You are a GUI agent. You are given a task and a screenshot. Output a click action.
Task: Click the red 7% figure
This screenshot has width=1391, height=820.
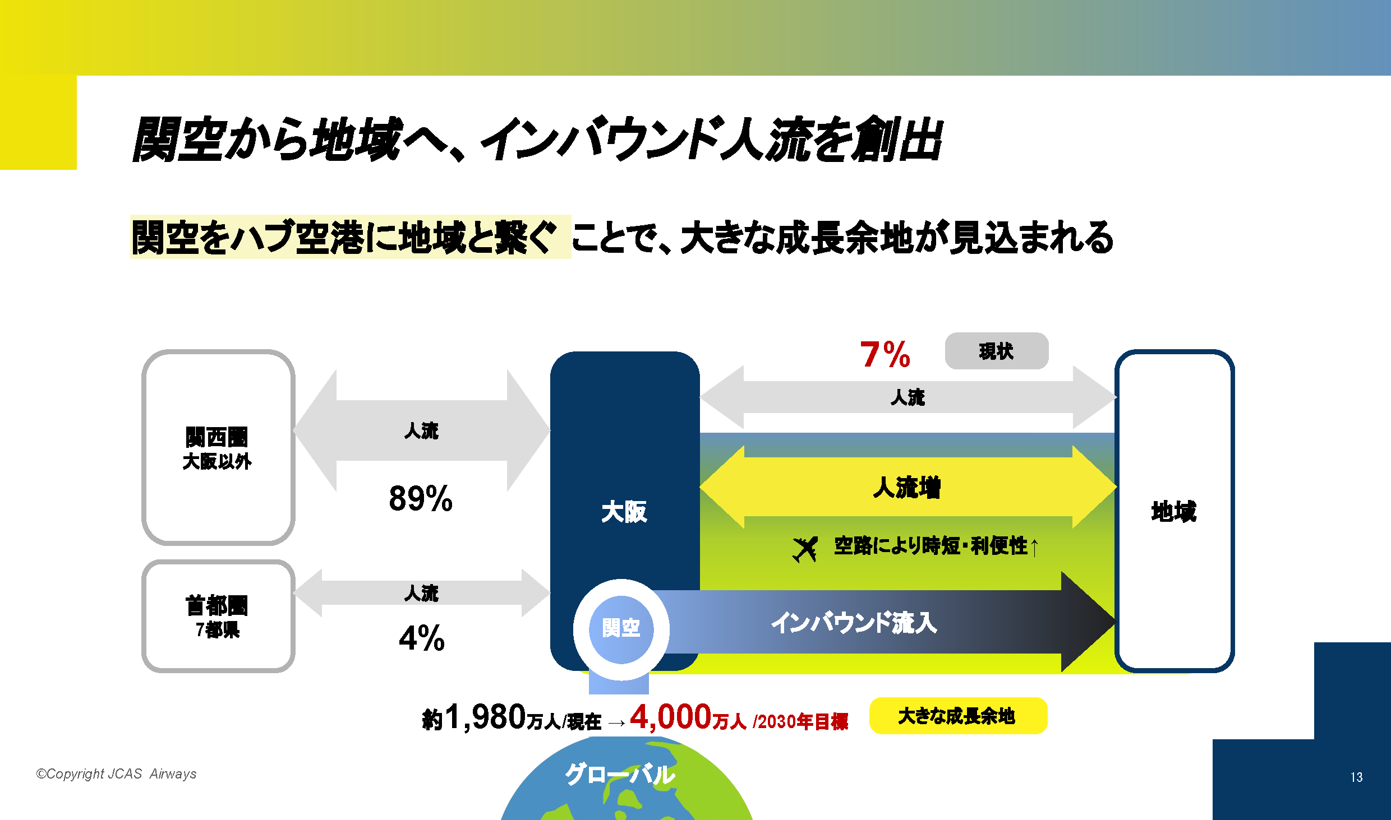pyautogui.click(x=885, y=354)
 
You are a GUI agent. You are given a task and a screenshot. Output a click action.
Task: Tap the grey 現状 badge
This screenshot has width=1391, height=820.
pyautogui.click(x=997, y=351)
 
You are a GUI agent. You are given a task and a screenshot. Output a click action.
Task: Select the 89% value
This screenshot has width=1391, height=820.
pyautogui.click(x=421, y=498)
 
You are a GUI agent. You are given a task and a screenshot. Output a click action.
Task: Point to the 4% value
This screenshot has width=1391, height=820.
pyautogui.click(x=422, y=638)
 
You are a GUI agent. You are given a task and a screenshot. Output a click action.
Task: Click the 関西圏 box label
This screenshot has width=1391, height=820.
pyautogui.click(x=217, y=437)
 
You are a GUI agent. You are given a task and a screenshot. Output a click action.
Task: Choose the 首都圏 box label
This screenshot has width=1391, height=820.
pyautogui.click(x=217, y=605)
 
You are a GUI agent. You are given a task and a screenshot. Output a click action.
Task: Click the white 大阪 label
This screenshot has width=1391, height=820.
pyautogui.click(x=624, y=512)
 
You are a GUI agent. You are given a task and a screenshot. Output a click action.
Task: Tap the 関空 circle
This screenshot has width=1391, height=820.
pyautogui.click(x=621, y=629)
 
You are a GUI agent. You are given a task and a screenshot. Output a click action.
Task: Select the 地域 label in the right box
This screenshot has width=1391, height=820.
pyautogui.click(x=1174, y=511)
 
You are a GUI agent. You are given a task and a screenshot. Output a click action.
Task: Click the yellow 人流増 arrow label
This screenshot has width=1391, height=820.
pyautogui.click(x=907, y=487)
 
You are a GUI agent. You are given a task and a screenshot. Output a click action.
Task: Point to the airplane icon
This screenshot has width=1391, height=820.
pyautogui.click(x=805, y=549)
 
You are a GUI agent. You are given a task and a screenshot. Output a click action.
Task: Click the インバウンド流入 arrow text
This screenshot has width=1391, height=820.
pyautogui.click(x=854, y=622)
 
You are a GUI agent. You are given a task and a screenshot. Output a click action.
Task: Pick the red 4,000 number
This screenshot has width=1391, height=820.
pyautogui.click(x=671, y=716)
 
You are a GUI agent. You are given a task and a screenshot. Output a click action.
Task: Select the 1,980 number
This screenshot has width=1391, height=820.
pyautogui.click(x=485, y=717)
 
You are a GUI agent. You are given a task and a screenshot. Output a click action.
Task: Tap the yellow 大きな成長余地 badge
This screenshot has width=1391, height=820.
pyautogui.click(x=958, y=716)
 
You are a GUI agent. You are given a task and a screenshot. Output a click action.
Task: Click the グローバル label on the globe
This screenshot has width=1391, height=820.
pyautogui.click(x=620, y=775)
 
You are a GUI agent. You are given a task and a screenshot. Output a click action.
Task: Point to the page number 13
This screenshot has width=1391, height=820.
pyautogui.click(x=1356, y=777)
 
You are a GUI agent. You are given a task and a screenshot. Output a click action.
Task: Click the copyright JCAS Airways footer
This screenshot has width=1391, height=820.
pyautogui.click(x=116, y=774)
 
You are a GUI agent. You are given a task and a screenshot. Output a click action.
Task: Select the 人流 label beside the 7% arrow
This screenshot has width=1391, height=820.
pyautogui.click(x=908, y=397)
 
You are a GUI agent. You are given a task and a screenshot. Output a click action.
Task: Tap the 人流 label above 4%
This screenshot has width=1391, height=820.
pyautogui.click(x=421, y=593)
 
